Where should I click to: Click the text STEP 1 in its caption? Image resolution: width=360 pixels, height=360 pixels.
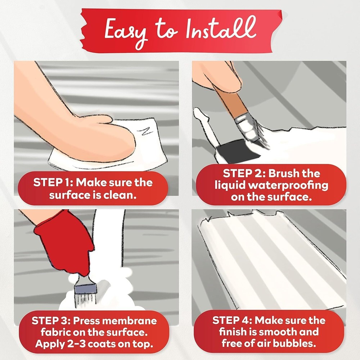click(53, 183)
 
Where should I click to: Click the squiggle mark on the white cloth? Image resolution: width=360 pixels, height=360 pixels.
click(143, 132)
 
